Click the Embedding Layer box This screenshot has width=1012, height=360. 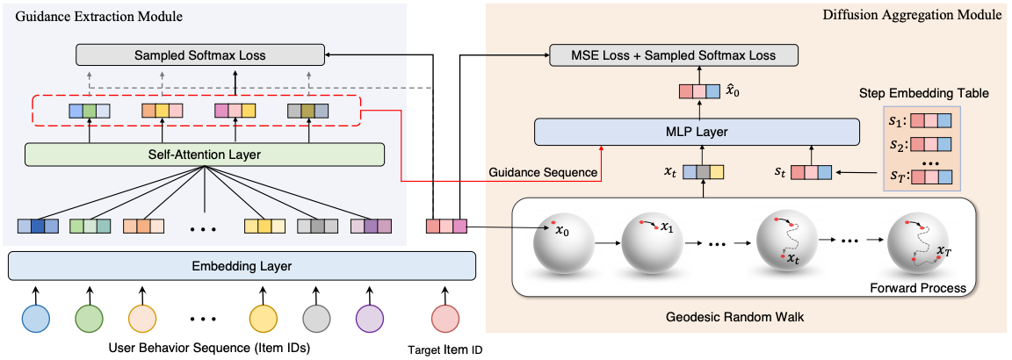click(x=242, y=266)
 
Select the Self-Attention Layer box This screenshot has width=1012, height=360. click(x=204, y=155)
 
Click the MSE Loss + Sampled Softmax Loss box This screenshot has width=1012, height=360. click(x=674, y=54)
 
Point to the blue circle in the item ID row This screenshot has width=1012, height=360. click(x=36, y=319)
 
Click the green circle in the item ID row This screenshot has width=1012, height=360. click(x=89, y=319)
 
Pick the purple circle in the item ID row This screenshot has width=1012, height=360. click(x=370, y=319)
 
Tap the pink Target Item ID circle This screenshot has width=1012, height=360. click(x=445, y=319)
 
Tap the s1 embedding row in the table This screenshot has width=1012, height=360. click(x=929, y=120)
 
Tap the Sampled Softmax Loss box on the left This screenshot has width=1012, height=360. click(x=200, y=54)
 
